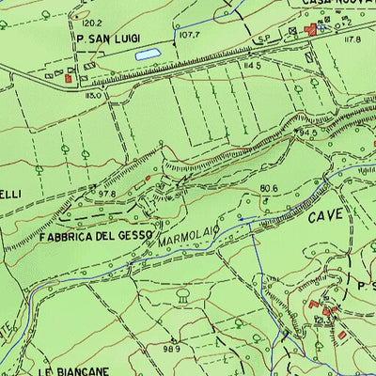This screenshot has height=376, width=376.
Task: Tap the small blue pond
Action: point(147,55)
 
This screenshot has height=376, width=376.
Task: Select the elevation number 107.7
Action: point(192,36)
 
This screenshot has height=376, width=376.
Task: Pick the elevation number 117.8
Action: point(353,40)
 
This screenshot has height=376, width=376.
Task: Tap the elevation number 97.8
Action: point(105,194)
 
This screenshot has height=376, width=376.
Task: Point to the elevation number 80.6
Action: point(270,189)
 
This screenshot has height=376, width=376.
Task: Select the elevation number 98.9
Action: point(170,349)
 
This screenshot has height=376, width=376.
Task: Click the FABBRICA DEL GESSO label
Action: point(96,236)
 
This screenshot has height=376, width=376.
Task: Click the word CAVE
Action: point(325,217)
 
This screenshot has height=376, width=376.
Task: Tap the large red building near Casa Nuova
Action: point(312,31)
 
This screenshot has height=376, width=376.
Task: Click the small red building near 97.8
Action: point(148,177)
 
